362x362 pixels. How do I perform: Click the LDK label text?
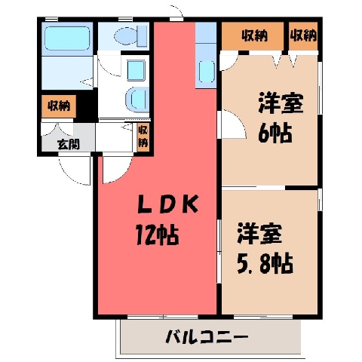coord(168,204)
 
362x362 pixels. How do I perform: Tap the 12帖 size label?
coord(158,235)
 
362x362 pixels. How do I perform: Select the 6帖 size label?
coord(275,133)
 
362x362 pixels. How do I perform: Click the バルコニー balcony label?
coord(207,337)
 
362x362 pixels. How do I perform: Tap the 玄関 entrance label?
coord(69,144)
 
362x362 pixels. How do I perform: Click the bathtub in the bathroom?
coord(67,38)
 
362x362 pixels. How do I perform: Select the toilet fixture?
coord(130,37)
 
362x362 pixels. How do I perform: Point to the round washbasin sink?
coord(136,100)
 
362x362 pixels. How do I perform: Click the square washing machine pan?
coord(136,70)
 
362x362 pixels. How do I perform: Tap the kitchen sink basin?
coord(207,72)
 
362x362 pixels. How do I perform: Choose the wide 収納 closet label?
coord(255,36)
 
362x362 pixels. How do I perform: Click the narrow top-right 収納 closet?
coord(303,36)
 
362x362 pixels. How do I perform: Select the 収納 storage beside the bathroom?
coord(59,106)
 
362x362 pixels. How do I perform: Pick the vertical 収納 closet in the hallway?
coord(143,137)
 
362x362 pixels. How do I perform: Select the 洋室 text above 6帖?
coord(281,103)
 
